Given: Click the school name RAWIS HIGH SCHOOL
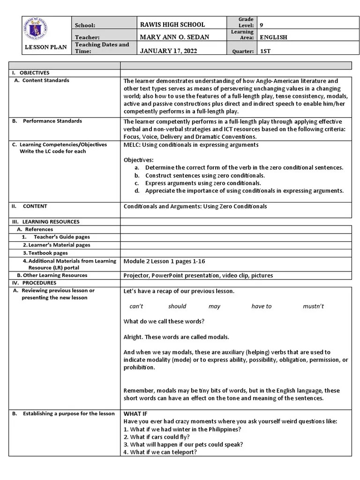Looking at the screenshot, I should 172,24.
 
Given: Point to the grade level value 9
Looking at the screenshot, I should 262,25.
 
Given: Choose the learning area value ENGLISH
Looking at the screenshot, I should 273,37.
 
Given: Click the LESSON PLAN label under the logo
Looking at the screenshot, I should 46,47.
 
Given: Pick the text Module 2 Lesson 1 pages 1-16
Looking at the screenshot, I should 164,261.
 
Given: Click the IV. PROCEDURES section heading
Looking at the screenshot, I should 34,283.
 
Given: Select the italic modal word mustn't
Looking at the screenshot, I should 313,306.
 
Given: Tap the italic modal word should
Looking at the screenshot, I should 177,306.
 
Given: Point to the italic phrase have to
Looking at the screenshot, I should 261,306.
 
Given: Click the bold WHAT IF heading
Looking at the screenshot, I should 135,414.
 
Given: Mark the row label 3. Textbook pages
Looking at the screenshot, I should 45,253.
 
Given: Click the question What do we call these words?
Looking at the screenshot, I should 164,322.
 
